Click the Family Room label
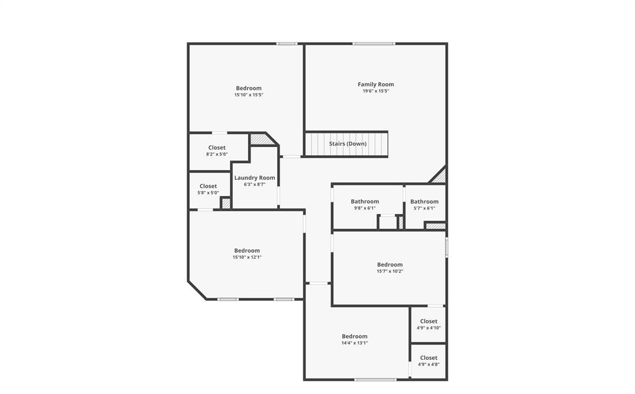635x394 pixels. (x=376, y=84)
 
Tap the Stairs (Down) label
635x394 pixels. (x=347, y=144)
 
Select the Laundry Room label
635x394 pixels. (x=254, y=178)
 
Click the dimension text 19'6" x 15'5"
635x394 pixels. (x=376, y=91)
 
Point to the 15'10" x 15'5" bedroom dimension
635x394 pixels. (x=249, y=95)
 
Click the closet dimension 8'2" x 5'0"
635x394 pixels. (x=217, y=154)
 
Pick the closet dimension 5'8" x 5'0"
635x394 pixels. (x=208, y=193)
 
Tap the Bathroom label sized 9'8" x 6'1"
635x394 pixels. (x=365, y=202)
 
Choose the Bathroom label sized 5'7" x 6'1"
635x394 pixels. (x=424, y=202)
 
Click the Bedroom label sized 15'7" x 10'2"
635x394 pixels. (x=389, y=265)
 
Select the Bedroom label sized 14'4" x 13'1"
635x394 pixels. (x=354, y=336)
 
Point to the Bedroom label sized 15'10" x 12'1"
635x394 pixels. (x=247, y=251)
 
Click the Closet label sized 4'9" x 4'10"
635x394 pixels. (x=429, y=321)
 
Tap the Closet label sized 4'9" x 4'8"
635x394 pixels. (x=429, y=358)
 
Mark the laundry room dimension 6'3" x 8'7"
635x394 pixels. (x=254, y=184)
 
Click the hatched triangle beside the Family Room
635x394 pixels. (x=440, y=177)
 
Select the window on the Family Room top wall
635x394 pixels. (x=374, y=43)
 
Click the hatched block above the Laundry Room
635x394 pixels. (x=262, y=140)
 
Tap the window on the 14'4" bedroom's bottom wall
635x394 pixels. (x=375, y=379)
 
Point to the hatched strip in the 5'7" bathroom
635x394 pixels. (x=435, y=226)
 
